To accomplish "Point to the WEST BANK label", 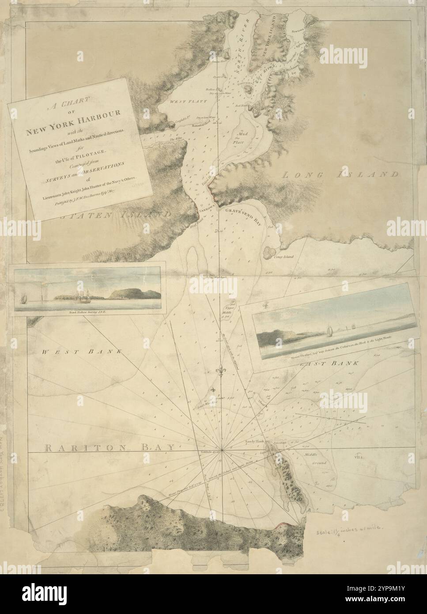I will click(82, 352).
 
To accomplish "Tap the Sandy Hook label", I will click(254, 442).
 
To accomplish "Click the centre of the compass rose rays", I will click(223, 450).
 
